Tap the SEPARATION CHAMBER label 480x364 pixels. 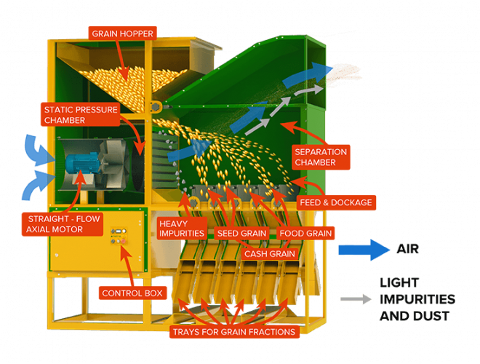[x=320, y=157]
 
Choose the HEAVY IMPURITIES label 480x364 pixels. [x=182, y=227]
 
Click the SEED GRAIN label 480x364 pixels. [x=241, y=233]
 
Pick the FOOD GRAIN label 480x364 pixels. [x=306, y=233]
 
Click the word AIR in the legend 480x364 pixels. [x=408, y=249]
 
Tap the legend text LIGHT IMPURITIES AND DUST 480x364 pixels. [x=416, y=298]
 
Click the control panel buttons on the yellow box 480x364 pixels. [x=117, y=236]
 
